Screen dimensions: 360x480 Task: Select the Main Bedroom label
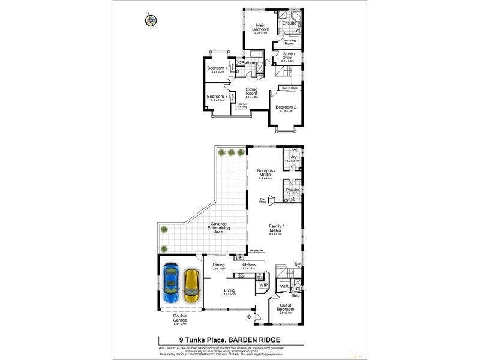point(260,28)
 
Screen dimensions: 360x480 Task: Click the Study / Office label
point(287,57)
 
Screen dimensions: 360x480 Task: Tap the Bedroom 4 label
point(217,69)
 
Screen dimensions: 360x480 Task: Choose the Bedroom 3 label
point(217,97)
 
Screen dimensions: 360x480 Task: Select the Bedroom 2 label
point(285,108)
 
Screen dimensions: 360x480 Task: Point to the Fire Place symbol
point(270,200)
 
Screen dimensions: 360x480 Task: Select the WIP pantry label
point(263,285)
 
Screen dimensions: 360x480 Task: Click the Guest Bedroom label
point(285,308)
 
